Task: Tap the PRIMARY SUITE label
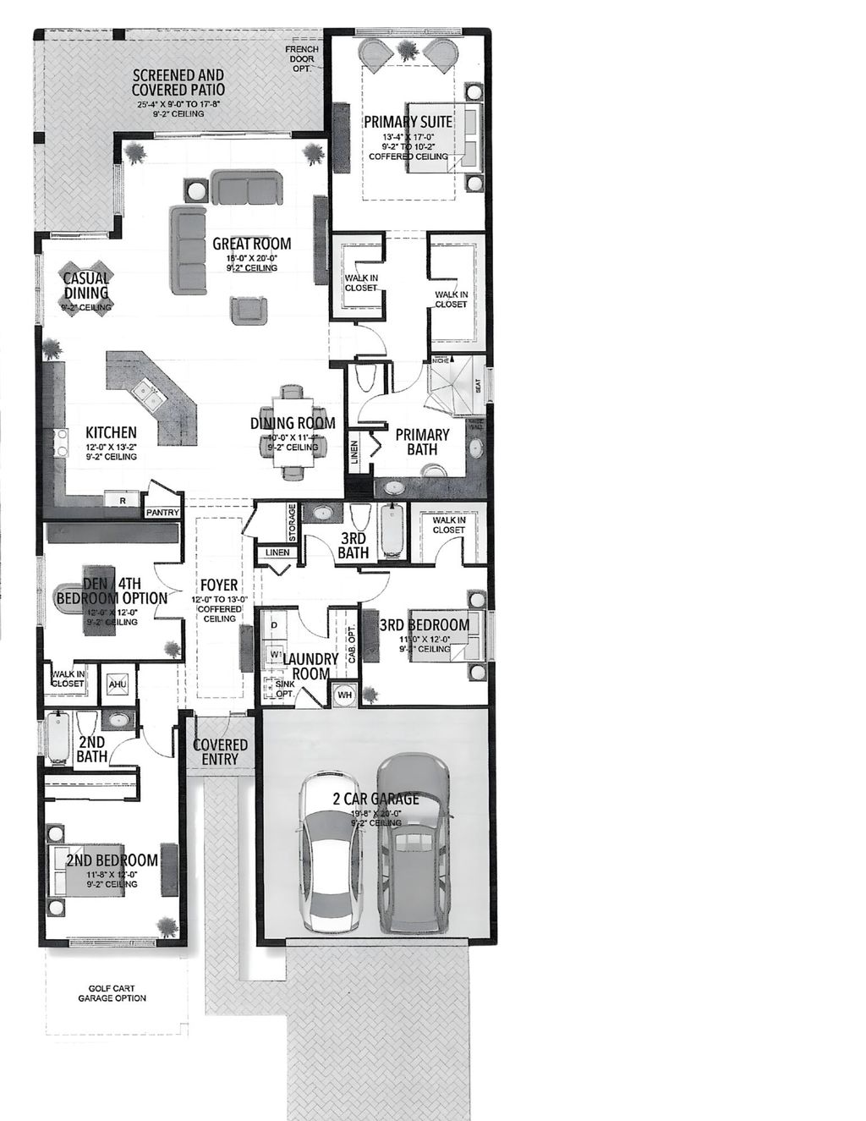[408, 122]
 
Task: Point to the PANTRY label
[162, 513]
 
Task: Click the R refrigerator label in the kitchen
[123, 501]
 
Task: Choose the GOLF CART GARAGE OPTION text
[112, 993]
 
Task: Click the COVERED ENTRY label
[220, 752]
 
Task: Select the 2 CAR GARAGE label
[375, 799]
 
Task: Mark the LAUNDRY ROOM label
[305, 667]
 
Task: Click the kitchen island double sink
[145, 392]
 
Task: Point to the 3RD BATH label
[353, 546]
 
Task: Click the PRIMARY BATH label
[422, 442]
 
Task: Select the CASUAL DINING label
[86, 285]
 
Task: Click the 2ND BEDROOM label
[112, 860]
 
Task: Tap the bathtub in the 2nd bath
[58, 737]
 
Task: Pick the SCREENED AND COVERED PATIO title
[178, 82]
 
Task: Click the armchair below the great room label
[249, 309]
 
